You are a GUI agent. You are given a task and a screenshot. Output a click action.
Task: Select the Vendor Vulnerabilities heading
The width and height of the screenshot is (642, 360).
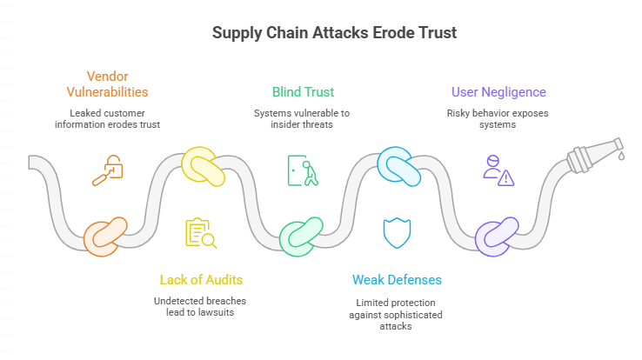tap(107, 83)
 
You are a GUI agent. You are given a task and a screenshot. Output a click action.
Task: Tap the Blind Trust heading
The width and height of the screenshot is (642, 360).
tap(303, 91)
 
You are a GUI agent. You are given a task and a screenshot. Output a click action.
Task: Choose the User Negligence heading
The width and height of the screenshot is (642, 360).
tap(498, 91)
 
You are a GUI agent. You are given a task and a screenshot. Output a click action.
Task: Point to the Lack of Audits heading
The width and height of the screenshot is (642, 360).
tap(201, 279)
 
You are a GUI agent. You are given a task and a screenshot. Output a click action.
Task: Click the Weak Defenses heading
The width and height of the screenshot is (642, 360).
tap(397, 279)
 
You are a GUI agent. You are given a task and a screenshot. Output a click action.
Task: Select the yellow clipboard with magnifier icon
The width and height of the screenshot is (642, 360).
tap(201, 232)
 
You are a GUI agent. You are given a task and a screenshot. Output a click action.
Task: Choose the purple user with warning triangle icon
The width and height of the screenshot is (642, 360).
tap(498, 169)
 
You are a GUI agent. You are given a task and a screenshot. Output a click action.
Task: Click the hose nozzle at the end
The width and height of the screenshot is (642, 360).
tap(594, 153)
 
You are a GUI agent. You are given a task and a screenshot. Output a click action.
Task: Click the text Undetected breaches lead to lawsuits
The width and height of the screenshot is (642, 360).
tap(201, 308)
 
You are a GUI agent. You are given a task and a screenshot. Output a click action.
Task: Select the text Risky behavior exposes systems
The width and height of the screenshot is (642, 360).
tap(498, 119)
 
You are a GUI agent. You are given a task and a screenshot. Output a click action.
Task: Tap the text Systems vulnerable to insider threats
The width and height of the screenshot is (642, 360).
tap(303, 119)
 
